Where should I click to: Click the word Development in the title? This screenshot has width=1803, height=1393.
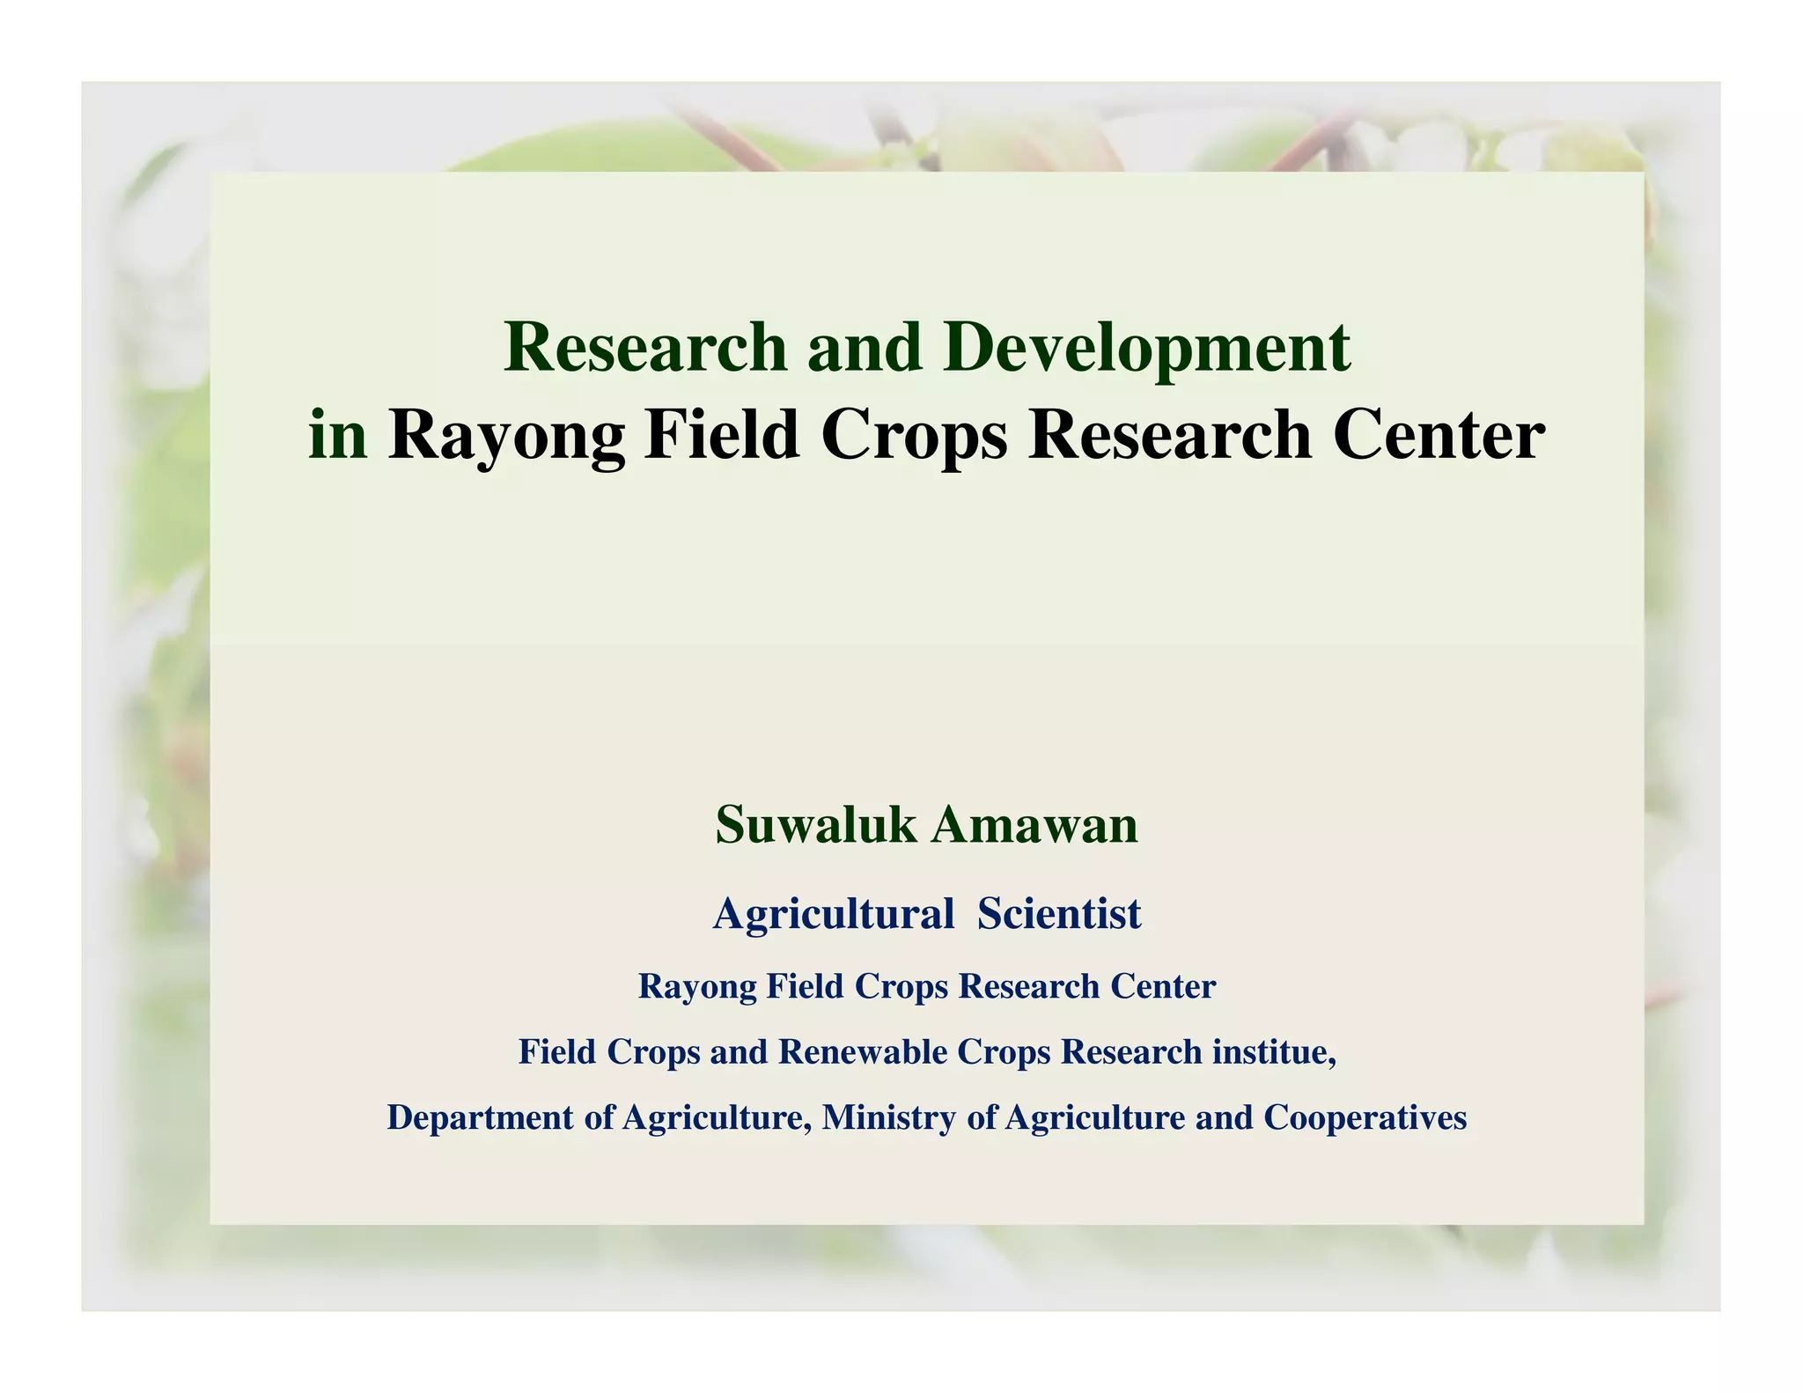1146,349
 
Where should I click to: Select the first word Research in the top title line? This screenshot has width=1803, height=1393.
645,347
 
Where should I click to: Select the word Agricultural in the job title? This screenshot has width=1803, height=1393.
834,913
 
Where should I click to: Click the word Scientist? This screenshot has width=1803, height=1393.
1059,913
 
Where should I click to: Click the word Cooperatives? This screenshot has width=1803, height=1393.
1365,1117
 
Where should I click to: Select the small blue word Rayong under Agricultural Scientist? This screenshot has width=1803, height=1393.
696,986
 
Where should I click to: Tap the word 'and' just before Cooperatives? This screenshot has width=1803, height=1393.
1224,1117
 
